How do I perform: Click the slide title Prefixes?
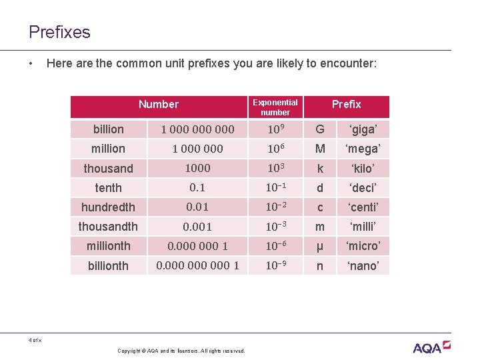59,32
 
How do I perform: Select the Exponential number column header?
275,107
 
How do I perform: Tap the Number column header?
159,104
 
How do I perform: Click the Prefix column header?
346,104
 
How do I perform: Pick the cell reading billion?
109,129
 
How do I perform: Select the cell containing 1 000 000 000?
197,129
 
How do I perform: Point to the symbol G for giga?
320,129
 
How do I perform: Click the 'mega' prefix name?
363,149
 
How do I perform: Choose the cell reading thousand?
109,169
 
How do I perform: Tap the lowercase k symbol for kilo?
320,169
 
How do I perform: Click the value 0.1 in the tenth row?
197,188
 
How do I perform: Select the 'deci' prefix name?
363,188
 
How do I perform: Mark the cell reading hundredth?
109,207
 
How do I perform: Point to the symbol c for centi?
320,207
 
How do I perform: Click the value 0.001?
197,227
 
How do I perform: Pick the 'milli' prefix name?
363,227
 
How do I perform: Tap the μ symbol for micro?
320,247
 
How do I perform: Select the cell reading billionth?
109,266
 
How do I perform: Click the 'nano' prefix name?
363,266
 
